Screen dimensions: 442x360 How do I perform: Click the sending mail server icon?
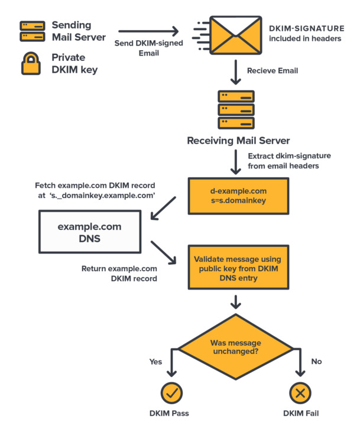click(x=33, y=31)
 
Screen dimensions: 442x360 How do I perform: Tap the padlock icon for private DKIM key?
click(x=31, y=64)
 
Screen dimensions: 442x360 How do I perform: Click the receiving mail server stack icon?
click(x=236, y=110)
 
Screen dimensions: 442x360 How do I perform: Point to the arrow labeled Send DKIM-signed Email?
click(x=148, y=31)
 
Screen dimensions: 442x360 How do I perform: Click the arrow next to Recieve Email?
click(x=236, y=74)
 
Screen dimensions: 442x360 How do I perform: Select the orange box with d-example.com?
click(x=238, y=196)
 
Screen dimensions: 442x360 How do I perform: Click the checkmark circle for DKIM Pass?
click(x=171, y=392)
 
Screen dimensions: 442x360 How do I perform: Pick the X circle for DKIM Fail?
click(x=300, y=392)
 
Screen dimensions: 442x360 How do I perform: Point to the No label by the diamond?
click(x=316, y=360)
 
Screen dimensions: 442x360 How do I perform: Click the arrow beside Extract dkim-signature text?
click(x=236, y=162)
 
